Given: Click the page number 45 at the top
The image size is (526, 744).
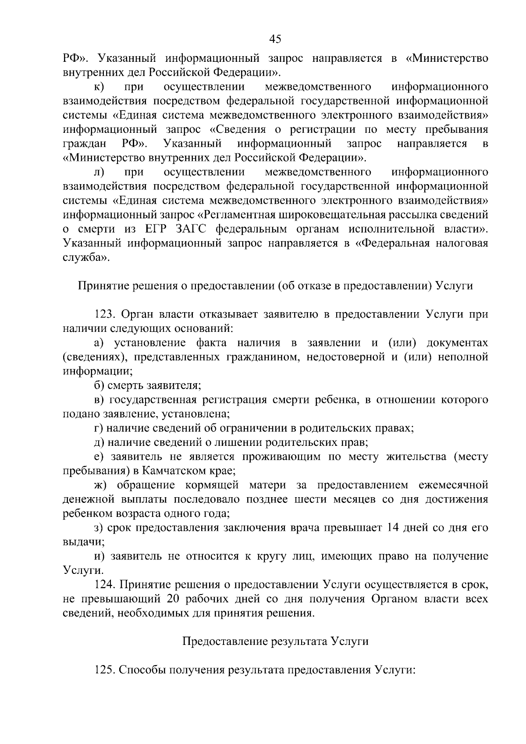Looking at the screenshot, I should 275,39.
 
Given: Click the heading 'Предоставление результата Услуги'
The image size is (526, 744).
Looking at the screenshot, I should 275,641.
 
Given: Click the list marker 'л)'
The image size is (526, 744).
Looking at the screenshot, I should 99,172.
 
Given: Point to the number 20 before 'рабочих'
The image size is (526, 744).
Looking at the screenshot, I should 173,598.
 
